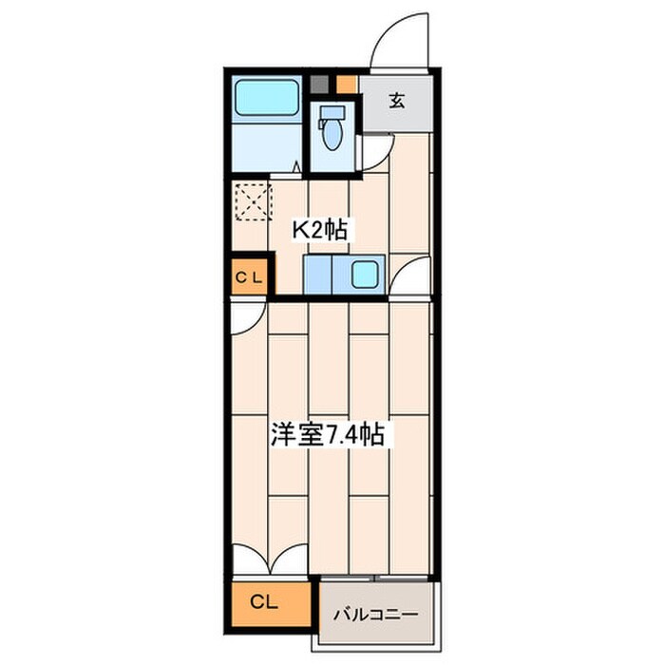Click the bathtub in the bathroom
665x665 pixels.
click(x=267, y=98)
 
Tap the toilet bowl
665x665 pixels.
click(x=332, y=134)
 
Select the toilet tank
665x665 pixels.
click(x=332, y=112)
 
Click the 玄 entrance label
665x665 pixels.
click(x=397, y=101)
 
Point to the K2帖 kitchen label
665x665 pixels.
click(x=321, y=230)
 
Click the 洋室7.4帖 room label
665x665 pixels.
click(x=328, y=434)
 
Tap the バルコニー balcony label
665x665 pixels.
click(x=376, y=614)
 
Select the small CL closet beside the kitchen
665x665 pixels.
click(x=250, y=277)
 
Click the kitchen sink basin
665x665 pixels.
click(x=365, y=274)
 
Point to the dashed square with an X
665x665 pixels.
click(x=253, y=201)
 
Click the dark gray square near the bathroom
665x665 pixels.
click(x=319, y=85)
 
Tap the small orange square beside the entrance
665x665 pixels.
click(x=347, y=85)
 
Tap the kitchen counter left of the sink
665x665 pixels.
click(x=317, y=274)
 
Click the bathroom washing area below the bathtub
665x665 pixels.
click(x=267, y=147)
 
